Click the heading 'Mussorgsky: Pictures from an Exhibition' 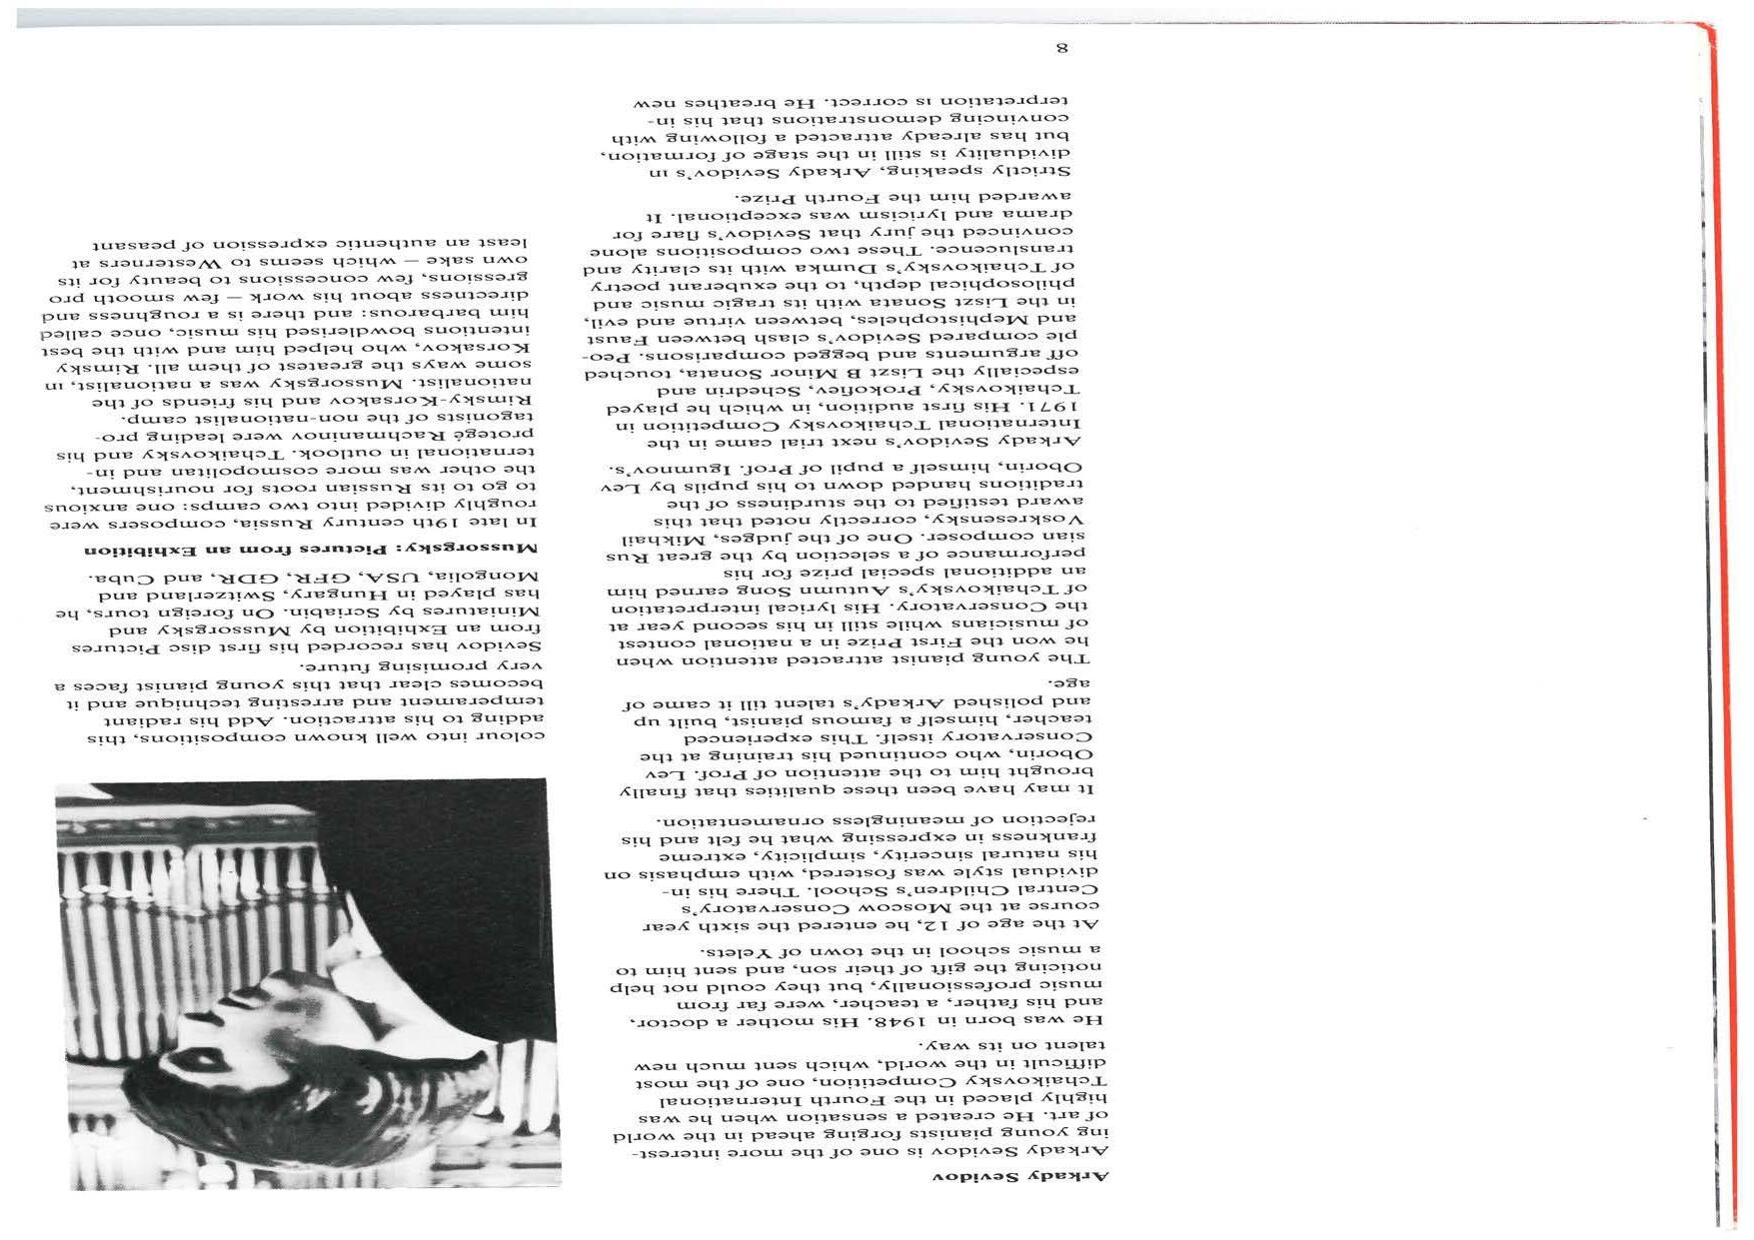311,549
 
